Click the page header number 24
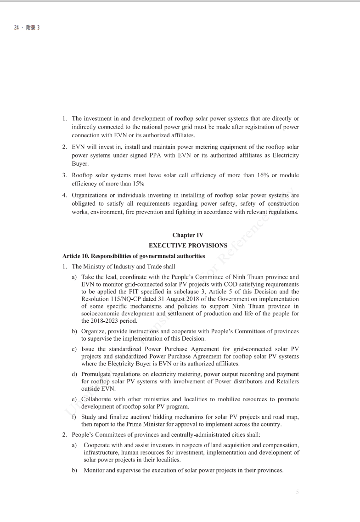16,28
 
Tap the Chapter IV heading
188,235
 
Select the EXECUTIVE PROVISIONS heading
188,246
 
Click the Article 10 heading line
134,256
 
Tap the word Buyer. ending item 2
80,163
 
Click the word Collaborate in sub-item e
98,399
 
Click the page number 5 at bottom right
297,492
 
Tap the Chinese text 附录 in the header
29,28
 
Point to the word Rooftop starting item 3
83,175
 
